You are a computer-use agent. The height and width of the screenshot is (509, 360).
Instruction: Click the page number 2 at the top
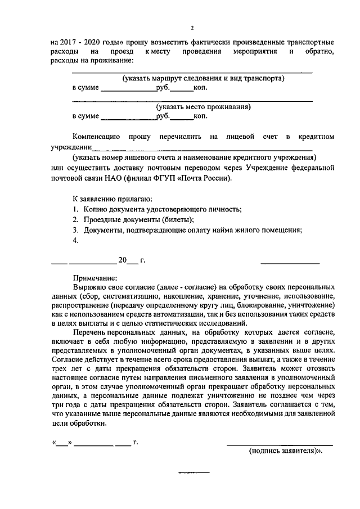pos(192,28)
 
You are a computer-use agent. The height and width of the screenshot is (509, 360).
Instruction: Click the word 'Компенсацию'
pos(96,136)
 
